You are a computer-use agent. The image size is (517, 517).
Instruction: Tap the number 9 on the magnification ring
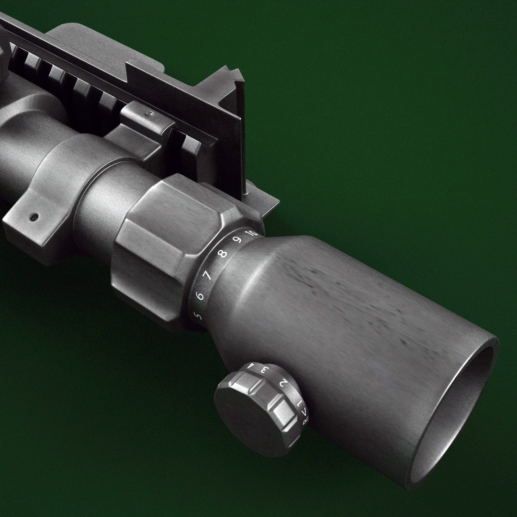[x=237, y=239]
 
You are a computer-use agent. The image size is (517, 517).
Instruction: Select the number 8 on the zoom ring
[x=222, y=254]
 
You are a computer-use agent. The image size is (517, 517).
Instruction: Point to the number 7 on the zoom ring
[x=208, y=275]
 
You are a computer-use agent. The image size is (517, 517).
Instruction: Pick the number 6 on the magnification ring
[x=200, y=296]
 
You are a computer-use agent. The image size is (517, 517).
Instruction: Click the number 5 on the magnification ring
[x=197, y=316]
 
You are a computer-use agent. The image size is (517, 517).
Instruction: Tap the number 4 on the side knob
[x=250, y=366]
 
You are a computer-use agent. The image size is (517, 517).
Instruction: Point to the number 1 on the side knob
[x=300, y=404]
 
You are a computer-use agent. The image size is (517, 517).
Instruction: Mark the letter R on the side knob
[x=305, y=421]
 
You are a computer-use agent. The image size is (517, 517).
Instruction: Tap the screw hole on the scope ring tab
[x=34, y=217]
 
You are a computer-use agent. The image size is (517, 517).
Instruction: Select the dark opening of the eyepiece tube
[x=460, y=412]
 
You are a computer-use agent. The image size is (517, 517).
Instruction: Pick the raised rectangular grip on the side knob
[x=282, y=411]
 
